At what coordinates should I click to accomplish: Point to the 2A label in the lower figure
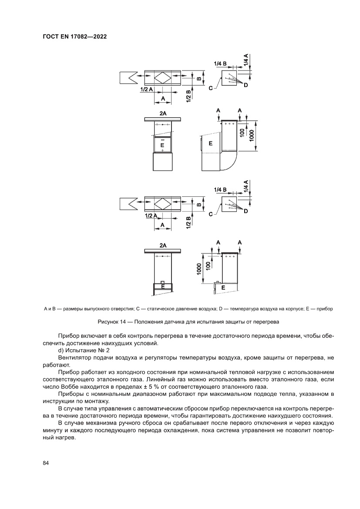click(x=163, y=246)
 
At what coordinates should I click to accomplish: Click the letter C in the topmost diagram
click(x=211, y=88)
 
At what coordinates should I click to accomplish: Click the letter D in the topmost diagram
click(x=246, y=85)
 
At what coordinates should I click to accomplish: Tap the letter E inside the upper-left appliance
click(x=162, y=144)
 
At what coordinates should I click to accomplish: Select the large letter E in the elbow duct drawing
click(x=211, y=143)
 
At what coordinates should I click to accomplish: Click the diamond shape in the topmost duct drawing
click(x=163, y=78)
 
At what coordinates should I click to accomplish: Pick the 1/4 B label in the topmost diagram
click(x=220, y=64)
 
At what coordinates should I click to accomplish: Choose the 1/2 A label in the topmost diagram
click(x=146, y=89)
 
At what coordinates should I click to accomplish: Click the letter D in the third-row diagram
click(x=246, y=211)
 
